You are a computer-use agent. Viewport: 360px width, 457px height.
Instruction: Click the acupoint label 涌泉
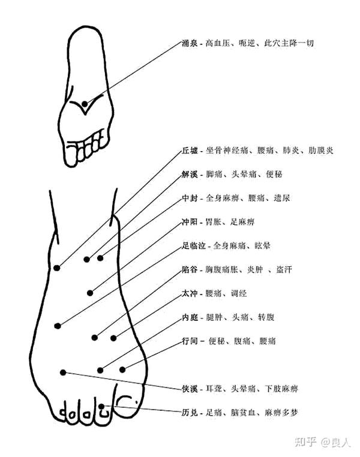(190, 44)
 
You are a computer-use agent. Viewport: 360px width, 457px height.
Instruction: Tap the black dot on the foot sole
(85, 104)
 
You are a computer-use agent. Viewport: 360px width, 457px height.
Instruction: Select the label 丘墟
(190, 151)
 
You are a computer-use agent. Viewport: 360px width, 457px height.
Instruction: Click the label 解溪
(190, 174)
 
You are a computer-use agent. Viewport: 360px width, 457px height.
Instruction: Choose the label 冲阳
(190, 221)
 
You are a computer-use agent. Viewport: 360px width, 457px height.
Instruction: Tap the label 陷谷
(190, 270)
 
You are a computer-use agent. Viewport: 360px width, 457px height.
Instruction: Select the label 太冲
(190, 293)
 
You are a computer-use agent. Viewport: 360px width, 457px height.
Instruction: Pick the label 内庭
(190, 317)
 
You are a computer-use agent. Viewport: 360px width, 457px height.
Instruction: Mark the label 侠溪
(190, 389)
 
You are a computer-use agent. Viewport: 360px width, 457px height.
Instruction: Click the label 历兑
(190, 413)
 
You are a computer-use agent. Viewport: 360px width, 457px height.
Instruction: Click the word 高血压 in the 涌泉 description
(217, 44)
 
